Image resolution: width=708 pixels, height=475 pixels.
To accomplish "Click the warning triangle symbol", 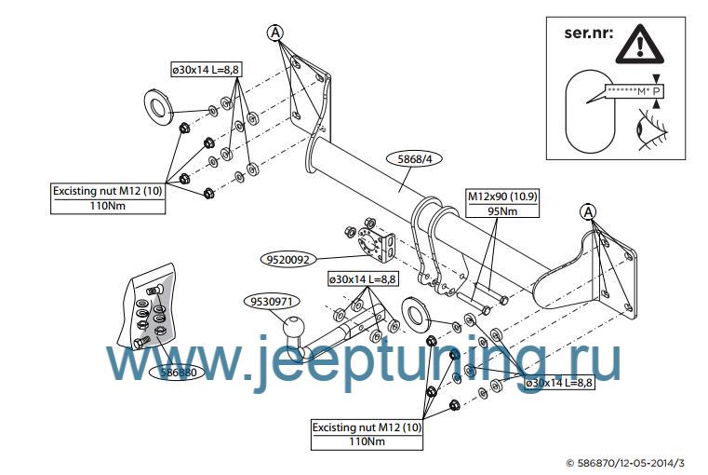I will point(648,43).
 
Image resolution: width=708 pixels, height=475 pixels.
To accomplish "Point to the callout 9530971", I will point(273,301).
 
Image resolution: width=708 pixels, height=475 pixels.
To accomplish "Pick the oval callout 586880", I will point(177,372).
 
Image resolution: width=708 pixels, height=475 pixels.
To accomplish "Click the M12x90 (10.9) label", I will point(502,197).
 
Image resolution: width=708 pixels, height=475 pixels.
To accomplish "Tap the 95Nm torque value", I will point(502,211).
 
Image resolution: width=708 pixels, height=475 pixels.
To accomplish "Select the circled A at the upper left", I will point(275,33).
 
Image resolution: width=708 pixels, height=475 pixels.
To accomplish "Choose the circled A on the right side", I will point(589,211).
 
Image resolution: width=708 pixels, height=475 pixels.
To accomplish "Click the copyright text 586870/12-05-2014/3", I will point(630,462).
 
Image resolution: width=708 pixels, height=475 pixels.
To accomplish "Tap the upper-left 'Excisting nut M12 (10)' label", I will point(109,191).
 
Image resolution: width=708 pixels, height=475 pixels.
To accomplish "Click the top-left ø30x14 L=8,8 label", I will point(205,70).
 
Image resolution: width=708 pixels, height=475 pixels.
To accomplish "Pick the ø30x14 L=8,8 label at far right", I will point(559,383).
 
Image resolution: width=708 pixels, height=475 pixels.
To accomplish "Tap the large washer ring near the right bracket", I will point(416,310).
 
